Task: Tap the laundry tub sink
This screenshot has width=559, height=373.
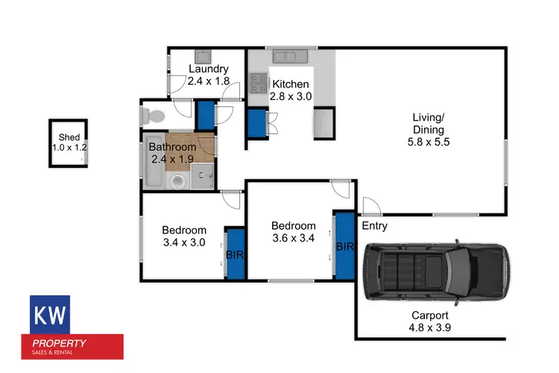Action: pos(203,56)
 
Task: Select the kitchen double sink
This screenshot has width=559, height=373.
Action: pos(285,55)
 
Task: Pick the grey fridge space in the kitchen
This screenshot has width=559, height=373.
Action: pos(323,123)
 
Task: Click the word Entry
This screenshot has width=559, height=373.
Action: pos(374,226)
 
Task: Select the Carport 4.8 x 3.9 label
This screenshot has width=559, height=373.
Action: pos(430,322)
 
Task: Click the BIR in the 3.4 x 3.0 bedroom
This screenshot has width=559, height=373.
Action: pos(235,254)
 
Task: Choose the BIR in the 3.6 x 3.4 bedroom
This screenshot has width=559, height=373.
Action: pos(344,246)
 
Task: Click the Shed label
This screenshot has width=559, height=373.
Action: pos(69,142)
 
